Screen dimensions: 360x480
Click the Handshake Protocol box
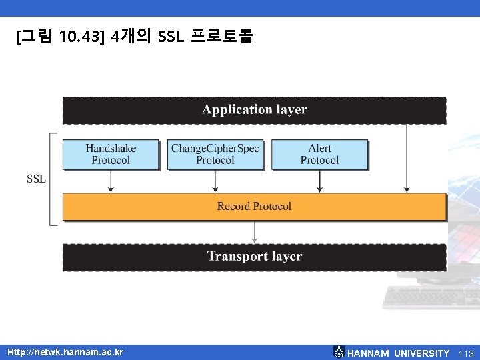[111, 154]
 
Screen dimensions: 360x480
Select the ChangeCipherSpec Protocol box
[215, 154]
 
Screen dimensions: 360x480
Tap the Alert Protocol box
[319, 154]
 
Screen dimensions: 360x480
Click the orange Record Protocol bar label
[254, 206]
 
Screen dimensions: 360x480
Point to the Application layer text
[254, 110]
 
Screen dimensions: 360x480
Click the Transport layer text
[254, 257]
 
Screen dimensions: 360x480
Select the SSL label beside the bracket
[36, 179]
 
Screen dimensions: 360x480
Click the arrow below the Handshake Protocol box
[111, 181]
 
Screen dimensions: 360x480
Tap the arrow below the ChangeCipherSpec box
[215, 181]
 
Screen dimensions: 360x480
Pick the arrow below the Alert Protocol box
[319, 181]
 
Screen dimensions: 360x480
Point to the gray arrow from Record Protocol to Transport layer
[253, 232]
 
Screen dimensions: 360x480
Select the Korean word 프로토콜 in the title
[221, 37]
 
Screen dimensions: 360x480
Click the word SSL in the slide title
[171, 37]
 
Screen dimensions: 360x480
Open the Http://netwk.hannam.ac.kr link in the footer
[65, 351]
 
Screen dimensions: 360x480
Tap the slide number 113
[466, 353]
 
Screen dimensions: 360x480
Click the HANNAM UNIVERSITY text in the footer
[399, 353]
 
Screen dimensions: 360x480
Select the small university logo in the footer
[339, 352]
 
